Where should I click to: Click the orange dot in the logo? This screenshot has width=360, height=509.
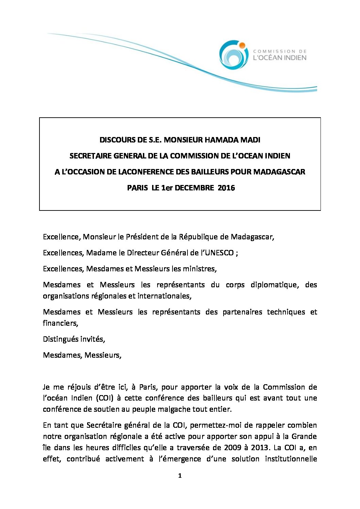pyautogui.click(x=242, y=45)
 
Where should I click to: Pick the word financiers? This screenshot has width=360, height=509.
pyautogui.click(x=61, y=323)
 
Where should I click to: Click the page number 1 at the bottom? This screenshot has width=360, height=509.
pyautogui.click(x=180, y=476)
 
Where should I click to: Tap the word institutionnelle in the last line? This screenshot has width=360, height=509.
pyautogui.click(x=291, y=459)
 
